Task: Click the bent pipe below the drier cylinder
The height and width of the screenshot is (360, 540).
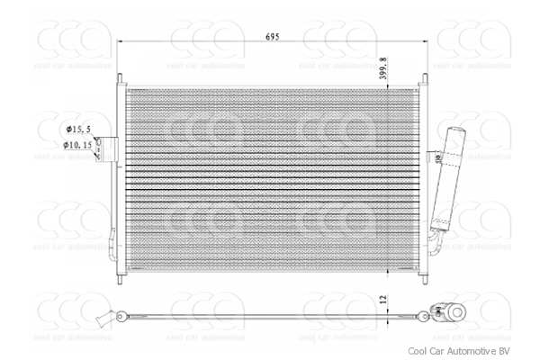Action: click(x=435, y=241)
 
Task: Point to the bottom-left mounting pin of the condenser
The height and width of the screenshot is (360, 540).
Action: click(x=120, y=274)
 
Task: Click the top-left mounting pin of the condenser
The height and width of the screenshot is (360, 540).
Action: click(x=120, y=79)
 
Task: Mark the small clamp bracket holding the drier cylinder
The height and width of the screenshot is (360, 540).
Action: click(x=437, y=159)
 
